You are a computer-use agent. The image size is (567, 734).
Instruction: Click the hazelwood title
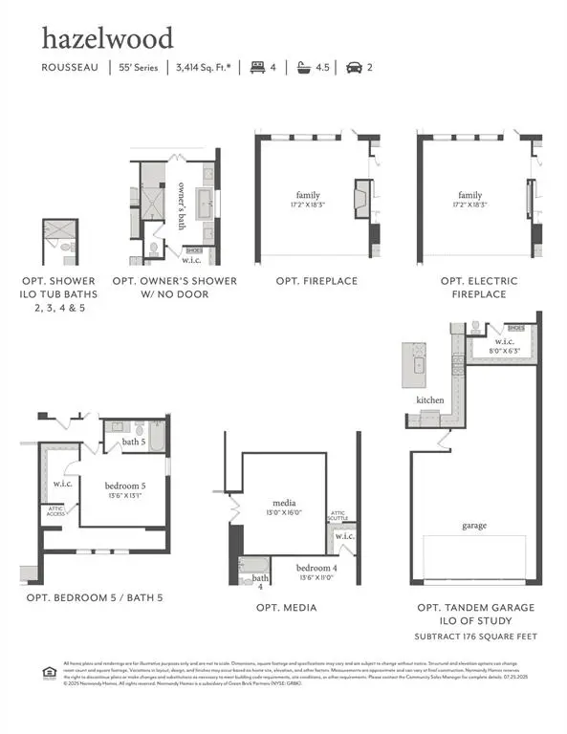(x=106, y=38)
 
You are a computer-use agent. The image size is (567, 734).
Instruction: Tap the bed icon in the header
(x=255, y=67)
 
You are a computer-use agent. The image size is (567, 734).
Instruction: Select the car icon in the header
(x=353, y=67)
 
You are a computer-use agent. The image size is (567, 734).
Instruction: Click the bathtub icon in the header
(x=304, y=67)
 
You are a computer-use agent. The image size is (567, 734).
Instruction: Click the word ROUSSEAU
(x=69, y=68)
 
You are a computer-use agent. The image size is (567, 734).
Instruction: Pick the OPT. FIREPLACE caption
(x=316, y=281)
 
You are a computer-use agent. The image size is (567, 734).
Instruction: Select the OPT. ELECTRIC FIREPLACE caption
(x=479, y=288)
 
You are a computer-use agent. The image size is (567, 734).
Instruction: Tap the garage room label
(x=473, y=526)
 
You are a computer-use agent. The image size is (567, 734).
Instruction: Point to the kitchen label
(x=429, y=400)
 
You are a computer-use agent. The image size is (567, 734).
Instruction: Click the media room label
(x=284, y=503)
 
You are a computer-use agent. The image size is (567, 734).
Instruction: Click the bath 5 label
(x=134, y=443)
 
